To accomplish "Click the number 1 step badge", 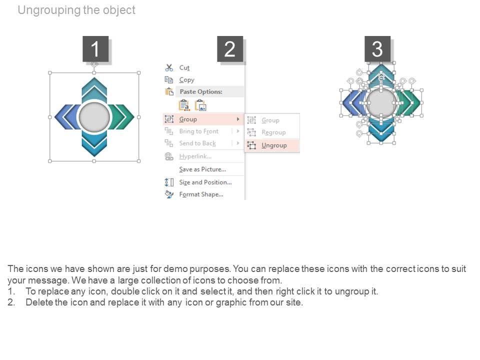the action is tap(95, 49).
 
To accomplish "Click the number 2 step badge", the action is tap(230, 49).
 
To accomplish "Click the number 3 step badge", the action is tap(377, 49).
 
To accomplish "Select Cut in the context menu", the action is tap(184, 67).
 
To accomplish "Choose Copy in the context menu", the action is tap(186, 79).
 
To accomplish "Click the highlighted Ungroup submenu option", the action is tap(274, 145).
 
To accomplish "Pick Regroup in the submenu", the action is tap(273, 132).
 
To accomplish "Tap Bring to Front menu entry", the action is tap(198, 131).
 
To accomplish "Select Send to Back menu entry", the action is tap(197, 143).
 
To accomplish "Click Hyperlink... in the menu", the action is tap(195, 156).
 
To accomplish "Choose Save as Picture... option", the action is tap(202, 169).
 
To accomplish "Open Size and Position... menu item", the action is tap(205, 182).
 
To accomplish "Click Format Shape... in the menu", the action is tap(201, 194).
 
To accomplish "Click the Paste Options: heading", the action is tap(200, 91).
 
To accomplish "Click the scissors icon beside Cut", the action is tap(169, 67).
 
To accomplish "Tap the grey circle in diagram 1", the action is tap(94, 117).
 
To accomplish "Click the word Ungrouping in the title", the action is tap(48, 10).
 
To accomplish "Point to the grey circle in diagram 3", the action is tap(381, 104).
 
